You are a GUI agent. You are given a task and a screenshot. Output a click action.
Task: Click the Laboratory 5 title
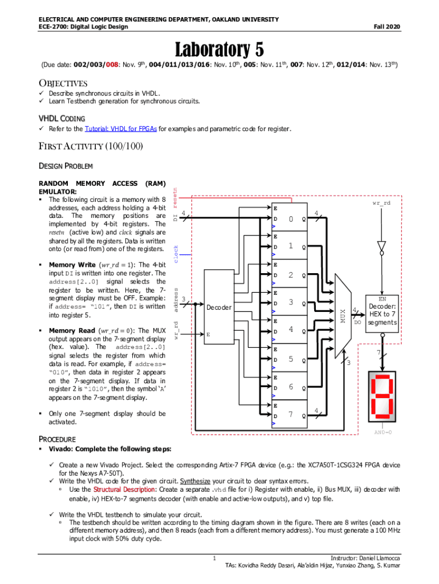219,49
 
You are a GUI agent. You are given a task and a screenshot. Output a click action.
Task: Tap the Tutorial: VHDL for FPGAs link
120,129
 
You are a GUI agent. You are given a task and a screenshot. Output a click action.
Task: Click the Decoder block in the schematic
219,309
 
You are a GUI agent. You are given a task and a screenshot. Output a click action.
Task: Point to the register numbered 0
290,220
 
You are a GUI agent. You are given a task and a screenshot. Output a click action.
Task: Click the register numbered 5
290,359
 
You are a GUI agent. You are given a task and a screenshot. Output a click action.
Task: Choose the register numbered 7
290,415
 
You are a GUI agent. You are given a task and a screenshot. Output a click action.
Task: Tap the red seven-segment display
381,397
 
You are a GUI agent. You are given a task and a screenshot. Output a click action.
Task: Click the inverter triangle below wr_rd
381,246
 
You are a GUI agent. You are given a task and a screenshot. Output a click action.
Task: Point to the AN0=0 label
382,433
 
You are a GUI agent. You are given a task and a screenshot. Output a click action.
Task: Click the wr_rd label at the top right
381,203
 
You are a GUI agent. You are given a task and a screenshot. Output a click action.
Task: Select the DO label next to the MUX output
358,323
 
